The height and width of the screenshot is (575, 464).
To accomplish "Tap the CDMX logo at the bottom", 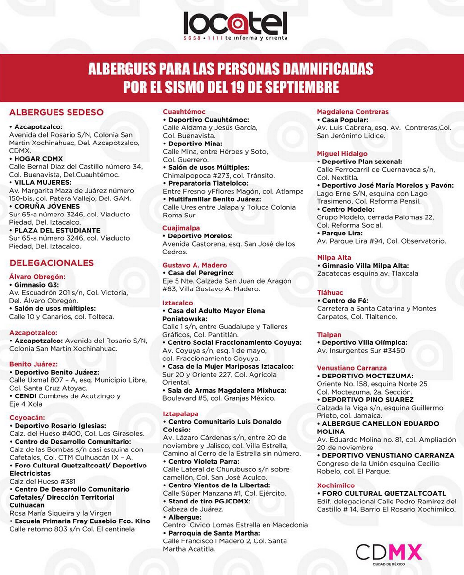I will coord(389,553).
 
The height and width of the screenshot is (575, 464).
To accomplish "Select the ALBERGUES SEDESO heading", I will coord(56,112).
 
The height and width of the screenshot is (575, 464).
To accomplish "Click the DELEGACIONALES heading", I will coord(52,263).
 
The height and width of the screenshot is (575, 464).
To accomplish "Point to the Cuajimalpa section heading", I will coord(181,228).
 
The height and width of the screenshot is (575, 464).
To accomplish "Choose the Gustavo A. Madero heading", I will coord(195,265).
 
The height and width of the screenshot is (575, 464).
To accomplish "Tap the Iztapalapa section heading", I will coord(180,413).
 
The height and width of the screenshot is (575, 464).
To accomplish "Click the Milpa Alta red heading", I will coord(334,257).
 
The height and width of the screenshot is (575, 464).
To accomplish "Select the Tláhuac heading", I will coord(330,292).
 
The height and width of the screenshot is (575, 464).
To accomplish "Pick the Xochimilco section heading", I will coord(336,485).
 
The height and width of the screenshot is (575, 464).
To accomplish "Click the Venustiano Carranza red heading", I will coord(352,368).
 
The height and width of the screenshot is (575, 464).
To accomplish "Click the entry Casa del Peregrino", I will coord(200,273).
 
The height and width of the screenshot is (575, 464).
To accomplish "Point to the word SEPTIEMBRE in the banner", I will coord(299,87).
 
